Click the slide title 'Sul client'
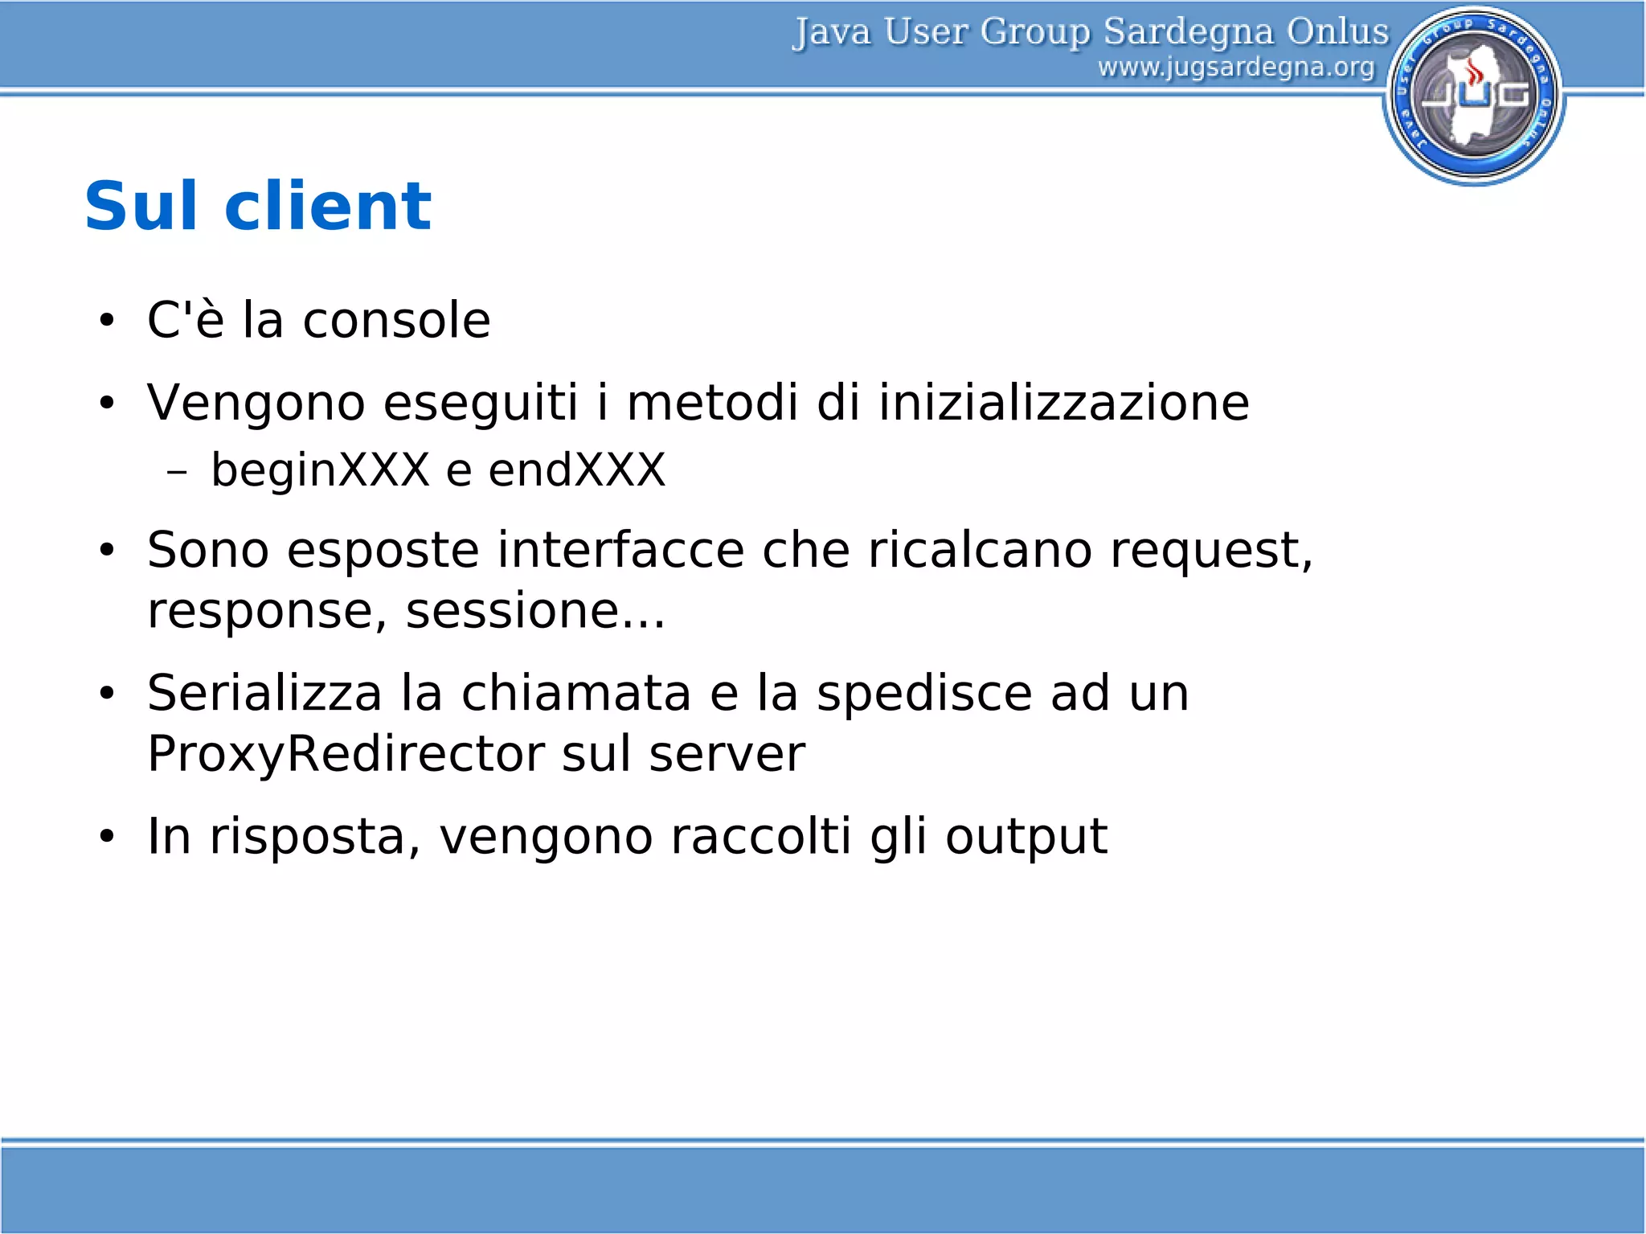pos(257,207)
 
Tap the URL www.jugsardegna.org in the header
pos(1236,68)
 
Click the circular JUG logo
pos(1473,96)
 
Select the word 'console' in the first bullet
pos(396,320)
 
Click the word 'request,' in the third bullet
pos(1211,551)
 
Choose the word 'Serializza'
pos(264,693)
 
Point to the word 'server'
pos(727,755)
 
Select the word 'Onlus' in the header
pos(1337,31)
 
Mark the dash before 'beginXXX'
pos(177,473)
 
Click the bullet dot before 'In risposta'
pos(107,837)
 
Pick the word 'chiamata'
pos(575,693)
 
